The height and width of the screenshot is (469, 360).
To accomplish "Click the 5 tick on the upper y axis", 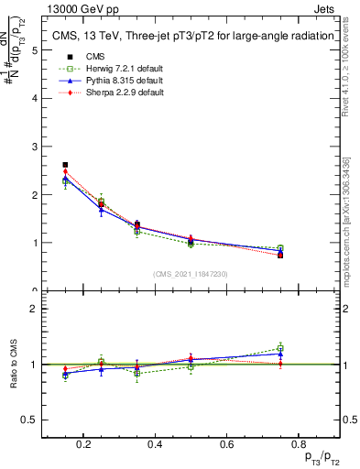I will tap(35, 50).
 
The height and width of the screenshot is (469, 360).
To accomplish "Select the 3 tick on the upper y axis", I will tap(35, 147).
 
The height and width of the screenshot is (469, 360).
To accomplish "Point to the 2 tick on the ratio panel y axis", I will tap(35, 309).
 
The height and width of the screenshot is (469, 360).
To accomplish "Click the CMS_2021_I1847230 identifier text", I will tap(191, 274).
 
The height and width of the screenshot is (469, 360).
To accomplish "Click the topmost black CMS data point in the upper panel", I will tap(65, 165).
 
